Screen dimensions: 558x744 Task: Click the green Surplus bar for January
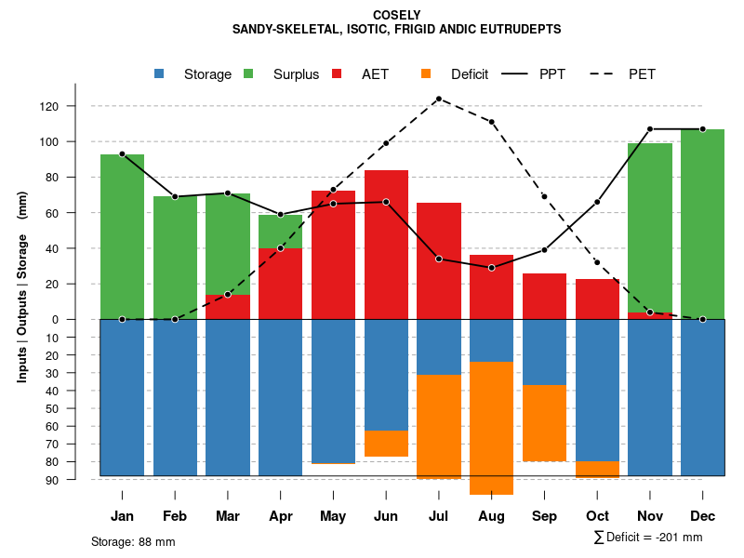coord(122,236)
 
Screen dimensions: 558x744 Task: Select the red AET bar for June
coord(386,245)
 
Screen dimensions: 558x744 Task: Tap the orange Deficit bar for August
coord(491,428)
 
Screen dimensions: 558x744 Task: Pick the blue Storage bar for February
coord(175,397)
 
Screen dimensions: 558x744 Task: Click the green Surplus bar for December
coord(702,223)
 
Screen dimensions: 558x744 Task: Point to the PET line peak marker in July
coord(438,99)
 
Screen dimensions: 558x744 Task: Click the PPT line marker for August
coord(491,268)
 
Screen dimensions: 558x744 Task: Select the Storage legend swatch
coord(160,74)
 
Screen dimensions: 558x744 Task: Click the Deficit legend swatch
coord(426,74)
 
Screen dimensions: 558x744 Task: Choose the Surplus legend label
coord(296,74)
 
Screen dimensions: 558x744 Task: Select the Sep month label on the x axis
coord(544,516)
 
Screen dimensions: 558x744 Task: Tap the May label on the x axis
coord(333,516)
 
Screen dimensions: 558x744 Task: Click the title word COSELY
coord(396,15)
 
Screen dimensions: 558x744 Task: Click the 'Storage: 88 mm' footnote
coord(133,541)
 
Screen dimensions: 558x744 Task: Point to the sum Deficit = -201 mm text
coord(648,538)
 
